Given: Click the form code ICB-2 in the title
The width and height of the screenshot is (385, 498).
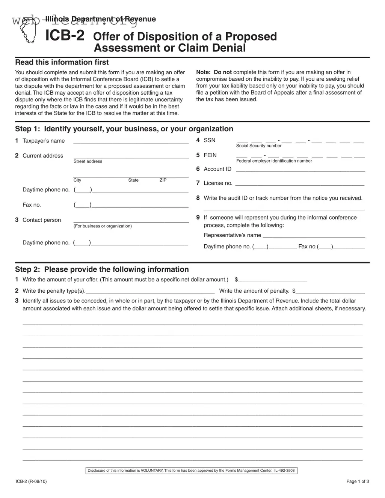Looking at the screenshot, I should pos(65,36).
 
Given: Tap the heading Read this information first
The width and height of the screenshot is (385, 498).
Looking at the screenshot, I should pos(62,62).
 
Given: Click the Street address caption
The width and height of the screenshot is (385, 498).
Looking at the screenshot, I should pos(88,161).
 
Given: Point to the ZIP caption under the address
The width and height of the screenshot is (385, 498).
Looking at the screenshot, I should pos(163,180).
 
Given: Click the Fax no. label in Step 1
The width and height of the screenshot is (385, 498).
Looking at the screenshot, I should pos(32,205).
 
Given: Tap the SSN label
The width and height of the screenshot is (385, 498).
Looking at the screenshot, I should pos(210,140).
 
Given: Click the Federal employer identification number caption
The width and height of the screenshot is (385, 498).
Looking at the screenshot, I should pos(274,161).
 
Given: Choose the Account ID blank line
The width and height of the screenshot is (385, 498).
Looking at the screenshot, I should pos(300,170).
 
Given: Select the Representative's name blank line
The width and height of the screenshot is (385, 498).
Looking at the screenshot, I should pos(314,236).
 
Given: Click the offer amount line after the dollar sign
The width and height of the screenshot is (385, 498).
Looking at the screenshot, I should pos(273,280).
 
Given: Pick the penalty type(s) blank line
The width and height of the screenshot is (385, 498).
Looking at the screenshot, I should pos(150,292).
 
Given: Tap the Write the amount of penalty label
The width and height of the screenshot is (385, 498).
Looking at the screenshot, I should pos(254,291).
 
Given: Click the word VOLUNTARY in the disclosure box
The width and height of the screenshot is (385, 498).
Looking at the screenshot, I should pos(152,471).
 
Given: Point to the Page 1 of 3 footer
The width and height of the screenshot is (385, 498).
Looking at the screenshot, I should pos(358,481).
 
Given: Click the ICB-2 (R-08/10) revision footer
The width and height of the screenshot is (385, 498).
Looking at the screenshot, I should pos(31,481).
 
